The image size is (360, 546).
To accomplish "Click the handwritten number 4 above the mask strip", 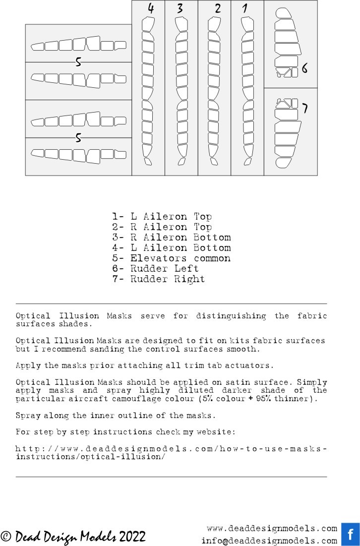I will pos(151,8).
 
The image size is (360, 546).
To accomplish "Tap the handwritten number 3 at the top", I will pos(180,8).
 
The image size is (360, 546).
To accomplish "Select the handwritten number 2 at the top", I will pos(218,8).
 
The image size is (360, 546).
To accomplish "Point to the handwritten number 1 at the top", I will pos(245,8).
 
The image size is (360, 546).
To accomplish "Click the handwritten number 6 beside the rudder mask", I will pos(304,69).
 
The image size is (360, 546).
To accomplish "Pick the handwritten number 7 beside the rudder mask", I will pos(305,108).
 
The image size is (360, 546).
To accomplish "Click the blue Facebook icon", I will pos(351,534).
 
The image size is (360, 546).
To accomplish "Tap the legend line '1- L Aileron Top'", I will pos(162,217).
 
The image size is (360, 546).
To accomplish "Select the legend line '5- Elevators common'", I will pos(171,258).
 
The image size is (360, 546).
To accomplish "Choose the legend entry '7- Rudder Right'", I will pos(158,279).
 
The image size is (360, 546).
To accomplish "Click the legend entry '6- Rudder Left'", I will pos(155,269).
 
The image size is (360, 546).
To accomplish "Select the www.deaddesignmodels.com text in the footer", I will pos(272,529).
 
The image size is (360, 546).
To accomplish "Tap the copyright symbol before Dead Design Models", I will pos(6,537).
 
